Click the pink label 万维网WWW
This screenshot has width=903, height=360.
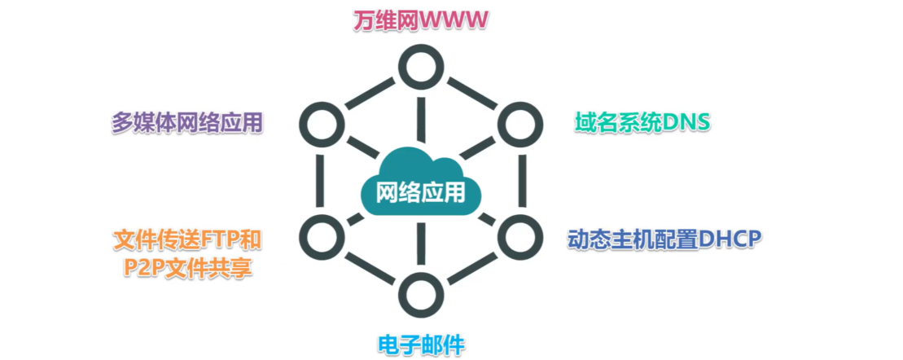coord(420,20)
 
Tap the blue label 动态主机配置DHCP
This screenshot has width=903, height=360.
coord(663,239)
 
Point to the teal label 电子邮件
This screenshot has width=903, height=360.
coord(420,342)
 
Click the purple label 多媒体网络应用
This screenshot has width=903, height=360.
coord(187,122)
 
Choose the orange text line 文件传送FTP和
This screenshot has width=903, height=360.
coord(187,239)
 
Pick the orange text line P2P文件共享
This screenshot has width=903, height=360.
coord(187,267)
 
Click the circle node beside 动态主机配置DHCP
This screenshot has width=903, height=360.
coord(515,236)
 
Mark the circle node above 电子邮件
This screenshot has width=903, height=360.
coord(420,293)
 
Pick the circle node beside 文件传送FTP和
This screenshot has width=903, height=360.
coord(319,236)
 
